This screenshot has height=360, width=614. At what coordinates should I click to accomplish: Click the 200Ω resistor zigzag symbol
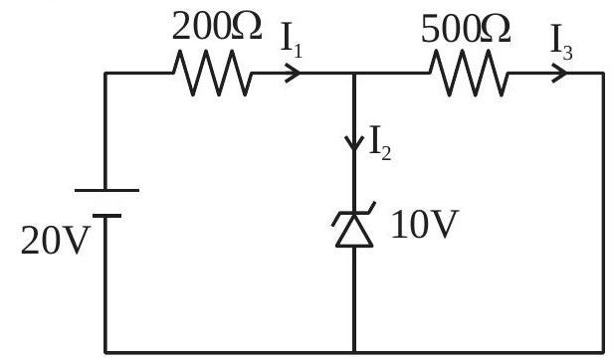tap(213, 73)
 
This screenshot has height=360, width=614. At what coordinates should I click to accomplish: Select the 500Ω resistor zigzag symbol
tap(469, 73)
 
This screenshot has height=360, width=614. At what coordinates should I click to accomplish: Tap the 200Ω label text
tap(217, 26)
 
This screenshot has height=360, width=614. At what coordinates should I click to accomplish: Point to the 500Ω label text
tap(466, 28)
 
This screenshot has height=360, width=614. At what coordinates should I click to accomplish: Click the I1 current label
tap(292, 41)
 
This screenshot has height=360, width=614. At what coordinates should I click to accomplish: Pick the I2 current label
tap(380, 143)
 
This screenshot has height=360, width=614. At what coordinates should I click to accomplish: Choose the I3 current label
tap(561, 42)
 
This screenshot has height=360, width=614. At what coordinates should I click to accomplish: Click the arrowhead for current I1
tap(293, 73)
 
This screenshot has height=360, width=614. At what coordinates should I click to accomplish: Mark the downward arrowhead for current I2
tap(354, 143)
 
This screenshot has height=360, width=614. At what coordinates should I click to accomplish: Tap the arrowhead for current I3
tap(559, 73)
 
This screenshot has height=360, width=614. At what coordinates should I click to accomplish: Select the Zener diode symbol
tap(354, 224)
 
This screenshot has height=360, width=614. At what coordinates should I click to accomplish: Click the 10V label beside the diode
tap(425, 224)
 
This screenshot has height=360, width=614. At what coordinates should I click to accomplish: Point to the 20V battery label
tap(54, 241)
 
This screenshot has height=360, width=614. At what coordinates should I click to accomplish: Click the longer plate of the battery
tap(106, 191)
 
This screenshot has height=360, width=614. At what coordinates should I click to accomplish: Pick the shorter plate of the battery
tap(106, 216)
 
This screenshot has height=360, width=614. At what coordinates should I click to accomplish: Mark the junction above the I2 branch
tap(354, 74)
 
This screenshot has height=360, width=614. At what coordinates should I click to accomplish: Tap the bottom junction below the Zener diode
tap(354, 352)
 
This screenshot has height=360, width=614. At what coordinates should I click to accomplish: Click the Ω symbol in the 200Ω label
tap(247, 26)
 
